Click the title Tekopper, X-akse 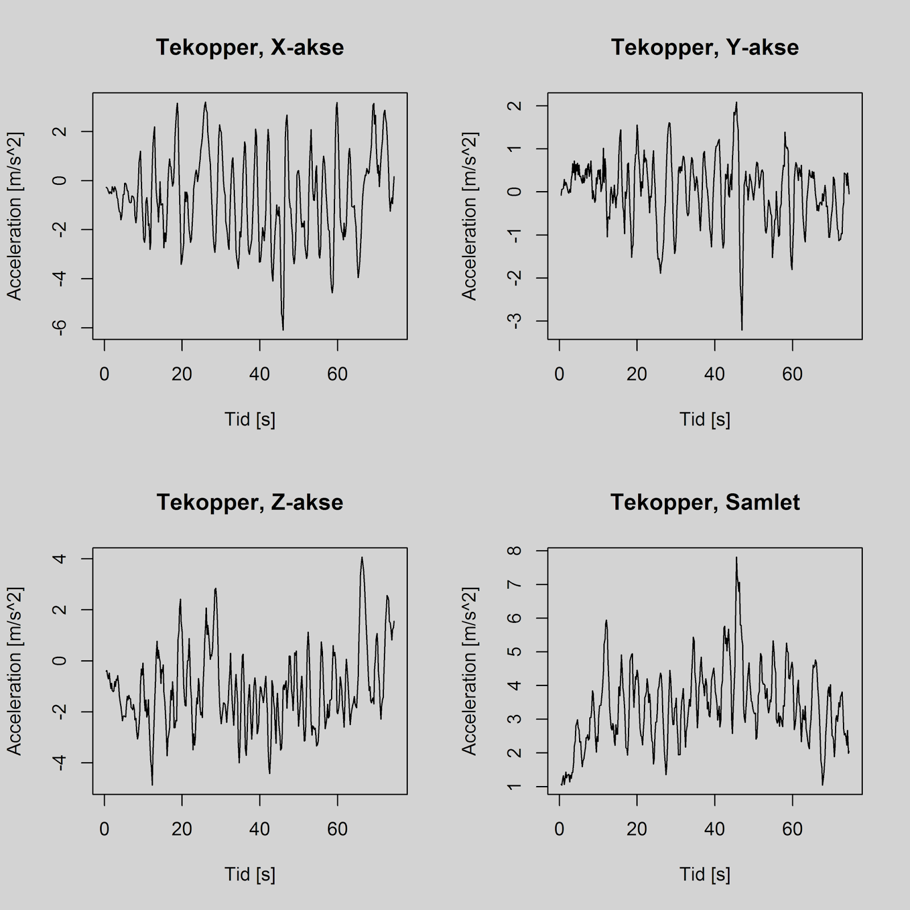250,48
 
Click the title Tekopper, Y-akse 705,48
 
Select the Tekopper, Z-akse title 250,503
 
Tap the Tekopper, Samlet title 705,503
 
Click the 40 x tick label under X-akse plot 259,374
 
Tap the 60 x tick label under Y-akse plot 792,374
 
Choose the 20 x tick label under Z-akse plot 182,829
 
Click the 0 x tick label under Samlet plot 560,829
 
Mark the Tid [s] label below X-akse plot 250,420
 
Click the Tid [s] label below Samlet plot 705,875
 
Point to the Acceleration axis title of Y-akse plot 469,216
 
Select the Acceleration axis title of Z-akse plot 14,671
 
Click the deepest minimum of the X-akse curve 283,329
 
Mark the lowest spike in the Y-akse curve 742,329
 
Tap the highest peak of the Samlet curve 736,557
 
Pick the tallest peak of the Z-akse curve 362,557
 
